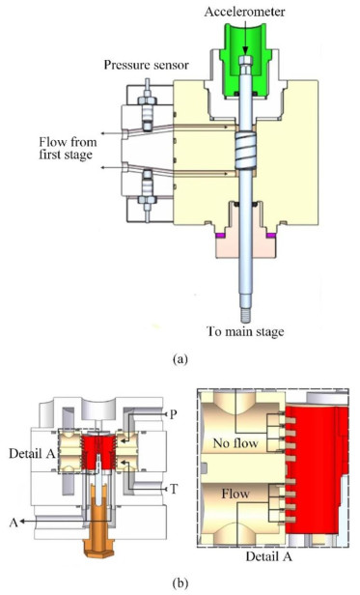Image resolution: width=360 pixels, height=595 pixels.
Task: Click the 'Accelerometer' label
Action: click(x=245, y=12)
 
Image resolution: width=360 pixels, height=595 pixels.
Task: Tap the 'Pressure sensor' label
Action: click(x=147, y=65)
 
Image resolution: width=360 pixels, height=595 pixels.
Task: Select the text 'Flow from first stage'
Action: click(x=68, y=148)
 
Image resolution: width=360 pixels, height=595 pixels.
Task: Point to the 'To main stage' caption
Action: click(x=245, y=331)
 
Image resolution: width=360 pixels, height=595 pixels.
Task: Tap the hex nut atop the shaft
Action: click(x=245, y=61)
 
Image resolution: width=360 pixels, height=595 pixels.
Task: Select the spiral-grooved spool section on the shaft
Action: click(x=245, y=151)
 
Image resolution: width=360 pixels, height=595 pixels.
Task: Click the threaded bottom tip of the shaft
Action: click(x=245, y=315)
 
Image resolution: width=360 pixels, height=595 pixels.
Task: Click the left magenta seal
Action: click(x=220, y=236)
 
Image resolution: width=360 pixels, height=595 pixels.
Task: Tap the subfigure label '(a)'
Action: click(x=180, y=358)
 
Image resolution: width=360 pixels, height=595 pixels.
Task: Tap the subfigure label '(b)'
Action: click(x=180, y=582)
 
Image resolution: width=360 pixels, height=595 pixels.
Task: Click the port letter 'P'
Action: click(x=173, y=414)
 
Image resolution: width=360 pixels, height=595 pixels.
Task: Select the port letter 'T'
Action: click(x=174, y=489)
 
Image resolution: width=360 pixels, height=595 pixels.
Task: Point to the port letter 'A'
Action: click(x=14, y=523)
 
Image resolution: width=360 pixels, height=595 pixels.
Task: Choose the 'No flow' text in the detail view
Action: click(x=235, y=442)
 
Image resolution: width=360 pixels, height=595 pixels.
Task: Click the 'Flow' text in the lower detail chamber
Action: click(x=235, y=494)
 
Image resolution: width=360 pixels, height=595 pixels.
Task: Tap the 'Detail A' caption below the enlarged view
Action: click(x=268, y=556)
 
